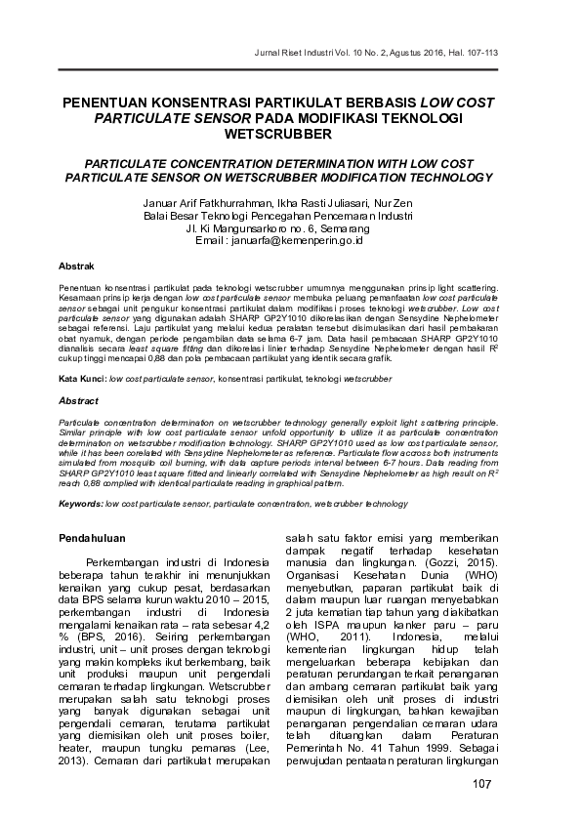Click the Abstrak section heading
point(76,267)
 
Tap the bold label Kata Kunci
point(81,377)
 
